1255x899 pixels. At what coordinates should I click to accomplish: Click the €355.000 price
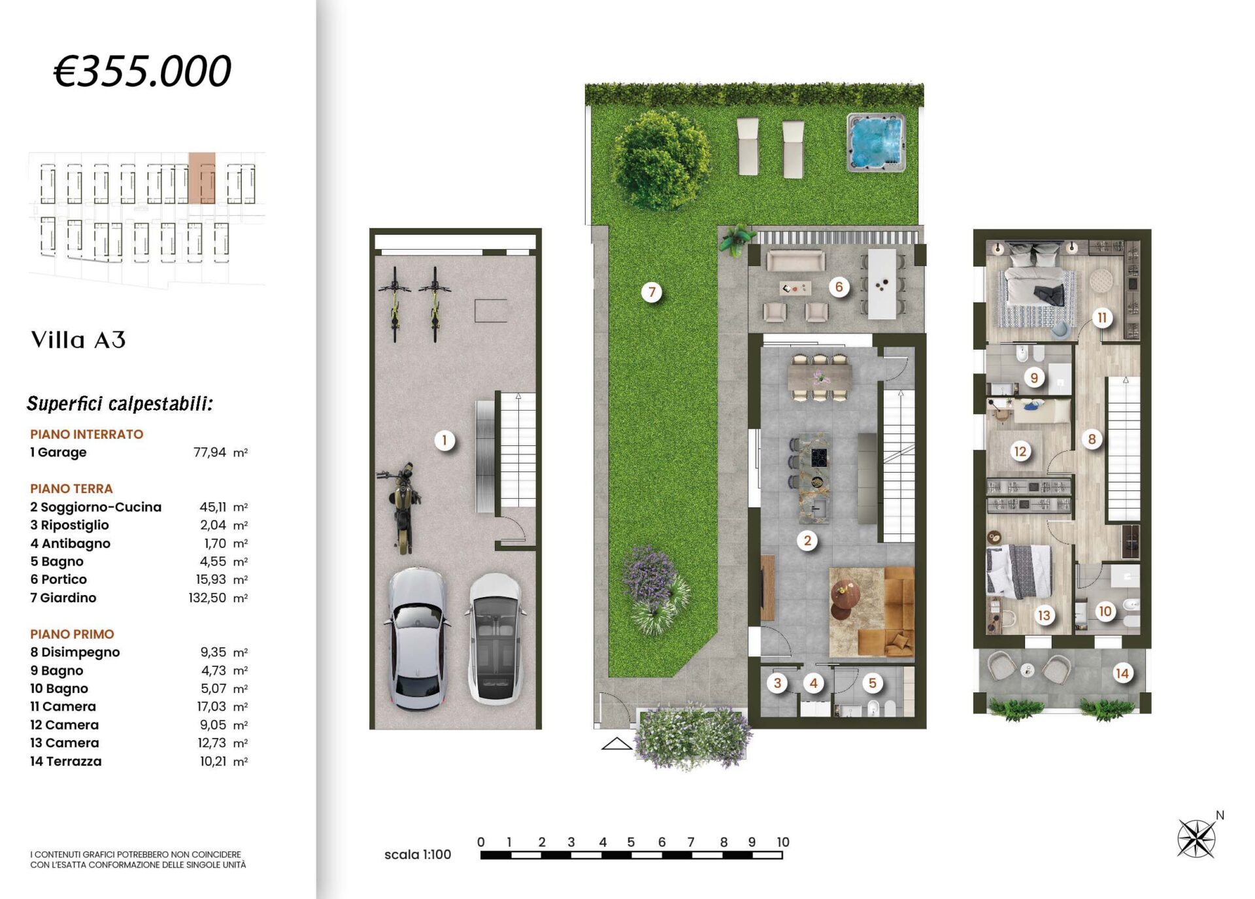(142, 71)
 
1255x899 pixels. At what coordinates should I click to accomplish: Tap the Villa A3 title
(78, 340)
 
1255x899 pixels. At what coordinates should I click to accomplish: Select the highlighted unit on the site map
(201, 178)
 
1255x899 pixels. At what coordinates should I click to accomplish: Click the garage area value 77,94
(210, 452)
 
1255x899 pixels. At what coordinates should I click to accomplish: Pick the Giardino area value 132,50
(207, 598)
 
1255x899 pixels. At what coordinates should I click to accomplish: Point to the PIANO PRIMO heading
(72, 634)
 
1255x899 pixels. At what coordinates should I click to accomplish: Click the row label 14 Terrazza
(66, 761)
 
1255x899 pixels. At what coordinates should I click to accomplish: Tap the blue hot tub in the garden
(876, 143)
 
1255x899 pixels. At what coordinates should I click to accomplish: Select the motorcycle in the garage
(399, 507)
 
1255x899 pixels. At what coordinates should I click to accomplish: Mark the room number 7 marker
(652, 292)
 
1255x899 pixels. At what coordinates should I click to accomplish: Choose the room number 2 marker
(808, 541)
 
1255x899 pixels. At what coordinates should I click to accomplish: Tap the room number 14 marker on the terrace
(1122, 673)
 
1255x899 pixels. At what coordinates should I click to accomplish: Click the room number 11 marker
(1102, 318)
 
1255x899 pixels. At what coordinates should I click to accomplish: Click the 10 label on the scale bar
(782, 842)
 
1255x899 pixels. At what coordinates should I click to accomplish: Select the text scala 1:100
(418, 855)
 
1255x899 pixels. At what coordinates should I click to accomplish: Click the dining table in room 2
(820, 377)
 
